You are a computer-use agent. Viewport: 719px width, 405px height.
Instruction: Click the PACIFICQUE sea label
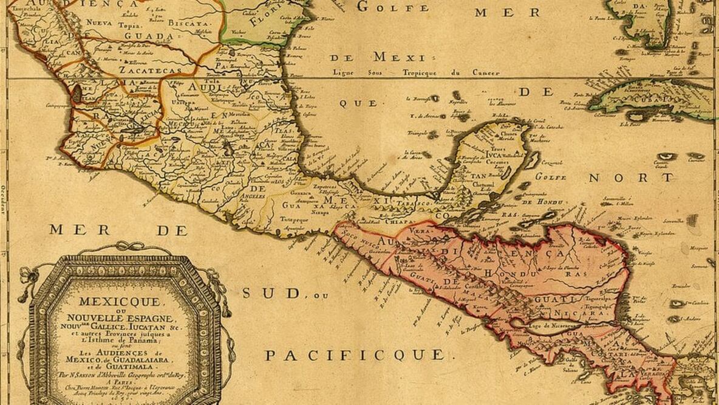coord(355,355)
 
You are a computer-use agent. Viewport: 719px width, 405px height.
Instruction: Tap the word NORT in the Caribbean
coord(631,178)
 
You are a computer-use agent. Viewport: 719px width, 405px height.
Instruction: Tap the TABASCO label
coord(414,202)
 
